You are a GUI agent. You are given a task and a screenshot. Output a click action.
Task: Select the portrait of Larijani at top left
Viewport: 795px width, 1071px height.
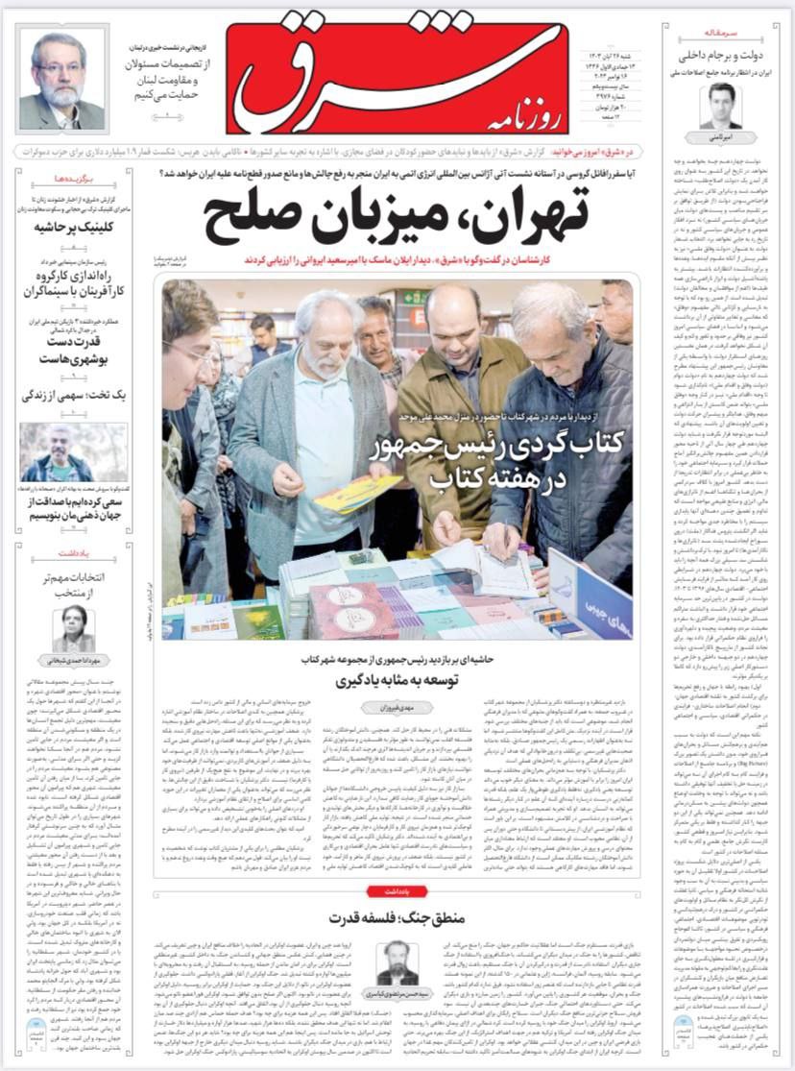point(61,83)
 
